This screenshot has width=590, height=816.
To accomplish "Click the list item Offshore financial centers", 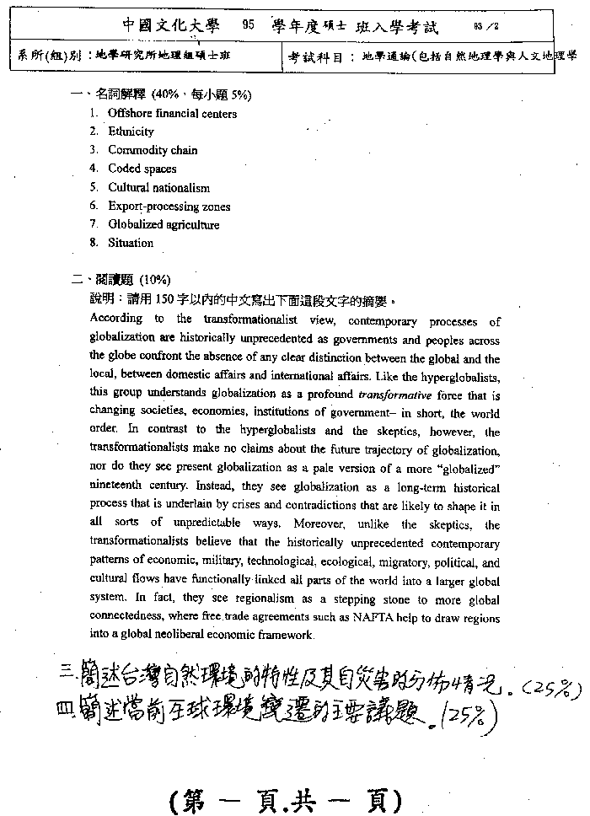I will coord(172,114).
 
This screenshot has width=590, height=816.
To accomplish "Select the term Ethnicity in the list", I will coord(131,132).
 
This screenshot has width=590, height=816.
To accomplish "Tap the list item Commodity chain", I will coord(153,150).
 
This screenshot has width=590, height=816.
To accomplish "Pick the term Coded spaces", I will coord(142,169).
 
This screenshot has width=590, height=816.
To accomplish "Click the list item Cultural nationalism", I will coord(158,188).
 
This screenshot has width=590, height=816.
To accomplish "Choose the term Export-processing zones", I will coord(169,207).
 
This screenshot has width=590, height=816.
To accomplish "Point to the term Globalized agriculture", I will coord(164,225).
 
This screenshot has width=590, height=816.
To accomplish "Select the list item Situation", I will coord(131,243).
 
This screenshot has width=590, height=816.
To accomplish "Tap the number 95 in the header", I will coord(248,26).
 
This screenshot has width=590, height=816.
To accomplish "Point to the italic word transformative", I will coord(394,395).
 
